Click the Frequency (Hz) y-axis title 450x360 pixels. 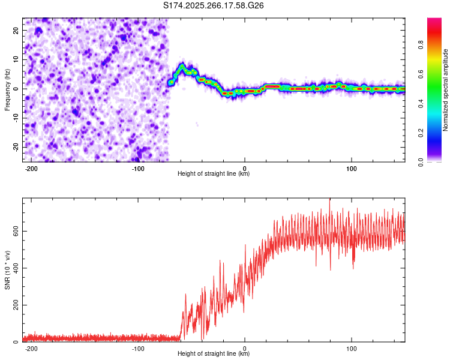7,89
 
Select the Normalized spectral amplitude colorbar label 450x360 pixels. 446,89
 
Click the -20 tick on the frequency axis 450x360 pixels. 15,147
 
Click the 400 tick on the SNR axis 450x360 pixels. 14,268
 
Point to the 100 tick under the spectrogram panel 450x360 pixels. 351,168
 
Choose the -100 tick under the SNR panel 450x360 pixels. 138,348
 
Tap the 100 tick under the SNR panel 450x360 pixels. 351,348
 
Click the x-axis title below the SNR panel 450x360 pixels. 214,354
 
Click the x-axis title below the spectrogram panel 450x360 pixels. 214,174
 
